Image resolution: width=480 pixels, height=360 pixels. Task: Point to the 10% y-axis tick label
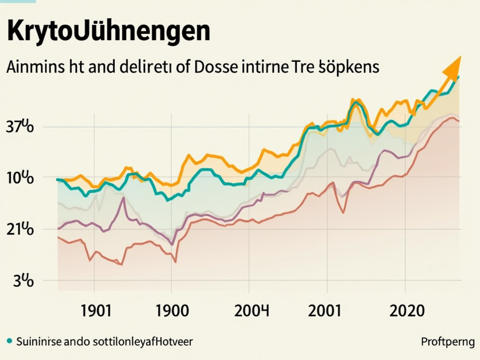[20, 178]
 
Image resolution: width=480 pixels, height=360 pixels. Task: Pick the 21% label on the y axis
[20, 230]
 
